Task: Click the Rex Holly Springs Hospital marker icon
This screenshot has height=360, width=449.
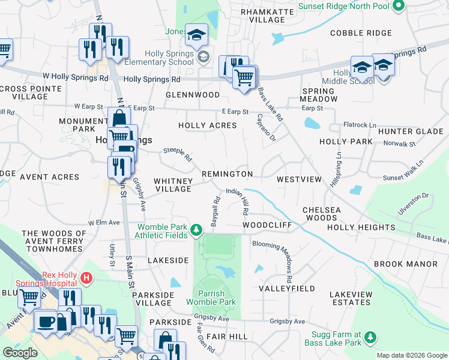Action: point(87,278)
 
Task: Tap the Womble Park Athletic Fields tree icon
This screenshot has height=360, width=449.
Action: point(196,230)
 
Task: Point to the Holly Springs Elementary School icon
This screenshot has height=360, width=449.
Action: point(203,57)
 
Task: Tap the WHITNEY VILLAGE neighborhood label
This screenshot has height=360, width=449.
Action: point(173,184)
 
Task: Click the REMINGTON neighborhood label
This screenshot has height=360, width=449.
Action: point(227,174)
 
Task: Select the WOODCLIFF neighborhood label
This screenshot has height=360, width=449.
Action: point(267,225)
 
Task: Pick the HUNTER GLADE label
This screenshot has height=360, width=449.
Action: point(420,131)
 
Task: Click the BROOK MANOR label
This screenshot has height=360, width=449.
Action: point(406,264)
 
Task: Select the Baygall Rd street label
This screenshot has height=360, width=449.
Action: point(214,210)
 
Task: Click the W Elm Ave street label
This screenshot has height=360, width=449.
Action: point(104,223)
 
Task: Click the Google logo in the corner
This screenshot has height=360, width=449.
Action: point(20,353)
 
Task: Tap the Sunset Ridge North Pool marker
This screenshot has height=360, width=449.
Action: point(397,6)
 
